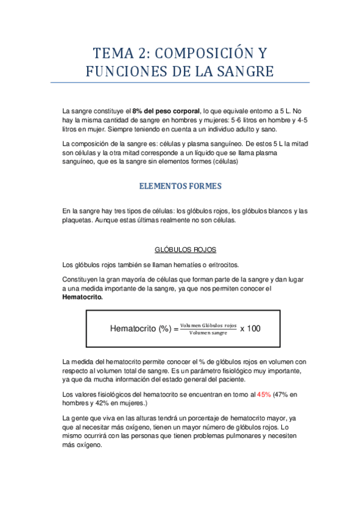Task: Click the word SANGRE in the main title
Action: pyautogui.click(x=241, y=72)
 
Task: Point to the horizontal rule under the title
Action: pyautogui.click(x=180, y=82)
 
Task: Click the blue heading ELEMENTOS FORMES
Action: pyautogui.click(x=180, y=186)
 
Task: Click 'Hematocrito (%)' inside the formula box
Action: pyautogui.click(x=141, y=328)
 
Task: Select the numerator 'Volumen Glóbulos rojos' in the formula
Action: pyautogui.click(x=209, y=325)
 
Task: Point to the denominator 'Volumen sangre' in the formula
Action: pyautogui.click(x=209, y=333)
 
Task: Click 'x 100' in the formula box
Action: pyautogui.click(x=251, y=328)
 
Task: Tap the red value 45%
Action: pyautogui.click(x=264, y=395)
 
